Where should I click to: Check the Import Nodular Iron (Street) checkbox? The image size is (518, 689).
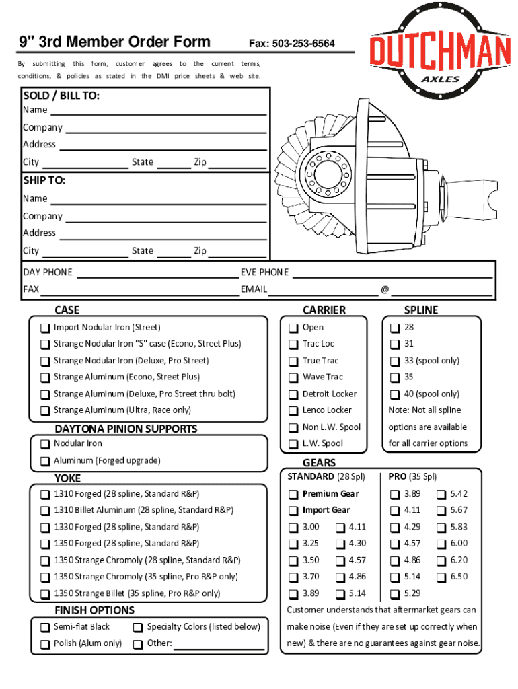pyautogui.click(x=44, y=328)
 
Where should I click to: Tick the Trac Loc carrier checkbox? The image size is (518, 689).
pyautogui.click(x=293, y=344)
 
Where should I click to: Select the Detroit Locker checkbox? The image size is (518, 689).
pyautogui.click(x=293, y=394)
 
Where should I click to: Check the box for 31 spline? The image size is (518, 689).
pyautogui.click(x=395, y=344)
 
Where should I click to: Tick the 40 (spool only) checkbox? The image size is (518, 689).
pyautogui.click(x=395, y=394)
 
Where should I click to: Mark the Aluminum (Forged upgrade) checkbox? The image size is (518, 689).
pyautogui.click(x=44, y=462)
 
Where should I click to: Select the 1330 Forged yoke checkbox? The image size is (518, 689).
pyautogui.click(x=44, y=528)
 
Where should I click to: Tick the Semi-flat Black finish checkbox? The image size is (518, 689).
pyautogui.click(x=44, y=628)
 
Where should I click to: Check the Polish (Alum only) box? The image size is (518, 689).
pyautogui.click(x=44, y=644)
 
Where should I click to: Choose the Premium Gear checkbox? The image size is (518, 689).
pyautogui.click(x=293, y=495)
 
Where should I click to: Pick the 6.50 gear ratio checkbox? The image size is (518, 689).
pyautogui.click(x=441, y=577)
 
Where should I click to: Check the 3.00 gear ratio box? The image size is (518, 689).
pyautogui.click(x=293, y=528)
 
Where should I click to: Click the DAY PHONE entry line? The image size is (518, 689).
pyautogui.click(x=156, y=273)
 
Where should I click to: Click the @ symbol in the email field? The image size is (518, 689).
pyautogui.click(x=385, y=290)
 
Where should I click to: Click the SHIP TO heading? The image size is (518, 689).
pyautogui.click(x=44, y=181)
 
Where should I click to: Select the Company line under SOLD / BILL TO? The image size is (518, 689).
pyautogui.click(x=165, y=129)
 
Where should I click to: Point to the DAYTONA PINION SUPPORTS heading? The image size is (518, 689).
pyautogui.click(x=126, y=429)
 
